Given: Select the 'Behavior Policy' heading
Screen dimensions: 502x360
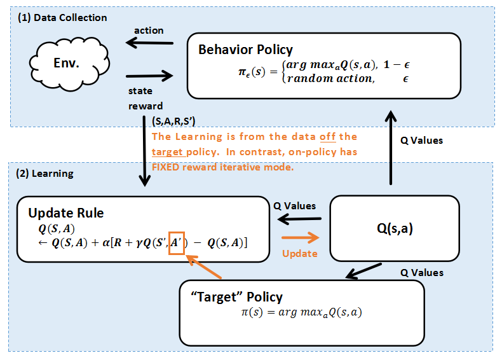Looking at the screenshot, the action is [x=245, y=50].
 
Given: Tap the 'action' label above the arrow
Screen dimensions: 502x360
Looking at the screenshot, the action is [x=149, y=31].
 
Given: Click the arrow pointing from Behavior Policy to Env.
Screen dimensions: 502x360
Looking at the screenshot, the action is [x=149, y=43].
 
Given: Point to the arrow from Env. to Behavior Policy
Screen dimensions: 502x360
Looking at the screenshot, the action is [x=149, y=76].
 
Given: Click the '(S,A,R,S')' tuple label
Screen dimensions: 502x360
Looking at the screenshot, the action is [x=173, y=121].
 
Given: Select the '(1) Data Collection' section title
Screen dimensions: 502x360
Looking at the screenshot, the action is [x=62, y=18].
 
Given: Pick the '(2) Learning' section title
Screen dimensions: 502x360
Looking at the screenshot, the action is [x=45, y=174].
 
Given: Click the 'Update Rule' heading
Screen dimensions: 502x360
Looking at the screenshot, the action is [x=66, y=213].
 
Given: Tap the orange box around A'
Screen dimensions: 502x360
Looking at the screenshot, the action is [x=177, y=232].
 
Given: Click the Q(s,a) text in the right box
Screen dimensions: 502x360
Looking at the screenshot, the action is [x=395, y=228].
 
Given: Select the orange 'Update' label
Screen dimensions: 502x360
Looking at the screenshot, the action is [x=300, y=254].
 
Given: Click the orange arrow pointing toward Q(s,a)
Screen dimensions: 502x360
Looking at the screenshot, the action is [x=301, y=237].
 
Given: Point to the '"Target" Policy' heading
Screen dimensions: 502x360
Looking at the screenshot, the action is [x=236, y=297].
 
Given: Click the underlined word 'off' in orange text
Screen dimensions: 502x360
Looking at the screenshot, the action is [x=327, y=137].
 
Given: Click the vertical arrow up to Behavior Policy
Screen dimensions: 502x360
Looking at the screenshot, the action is [x=391, y=148].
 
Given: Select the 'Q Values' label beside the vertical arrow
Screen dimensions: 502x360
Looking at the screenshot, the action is [x=422, y=141].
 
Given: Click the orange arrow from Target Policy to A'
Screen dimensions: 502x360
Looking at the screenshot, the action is [x=203, y=266].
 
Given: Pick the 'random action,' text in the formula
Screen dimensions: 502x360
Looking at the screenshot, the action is [x=330, y=78].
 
